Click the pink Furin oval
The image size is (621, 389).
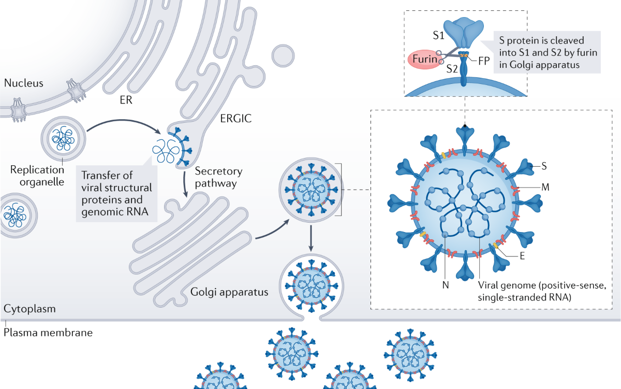(x=423, y=60)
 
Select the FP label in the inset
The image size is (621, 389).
(x=484, y=60)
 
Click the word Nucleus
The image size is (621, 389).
(x=23, y=83)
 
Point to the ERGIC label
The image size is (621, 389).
(x=235, y=118)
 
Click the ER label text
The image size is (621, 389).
(x=126, y=100)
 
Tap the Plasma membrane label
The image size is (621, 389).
(x=48, y=333)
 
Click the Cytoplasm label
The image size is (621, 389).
(x=29, y=310)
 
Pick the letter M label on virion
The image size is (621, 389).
(x=545, y=187)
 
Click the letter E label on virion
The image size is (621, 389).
(x=522, y=255)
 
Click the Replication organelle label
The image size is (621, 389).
(x=37, y=176)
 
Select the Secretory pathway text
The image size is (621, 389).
(x=218, y=177)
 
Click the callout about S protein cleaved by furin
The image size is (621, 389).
(x=547, y=52)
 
